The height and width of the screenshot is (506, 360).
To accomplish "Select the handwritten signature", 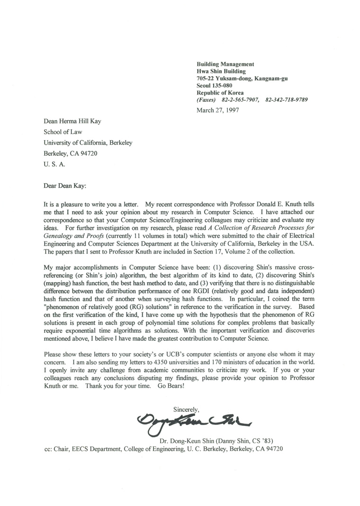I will (x=195, y=419).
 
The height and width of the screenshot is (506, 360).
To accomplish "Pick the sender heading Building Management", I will (x=225, y=64).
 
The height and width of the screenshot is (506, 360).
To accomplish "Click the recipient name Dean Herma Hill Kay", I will (x=72, y=122).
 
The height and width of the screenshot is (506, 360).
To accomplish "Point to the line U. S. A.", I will (x=54, y=166).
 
